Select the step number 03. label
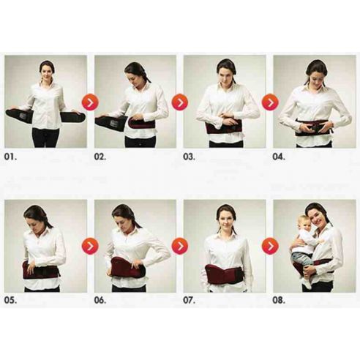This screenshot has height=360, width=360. pyautogui.click(x=192, y=157)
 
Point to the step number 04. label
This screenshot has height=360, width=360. pyautogui.click(x=281, y=157)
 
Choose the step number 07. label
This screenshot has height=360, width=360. pyautogui.click(x=192, y=300)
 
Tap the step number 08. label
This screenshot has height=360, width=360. pyautogui.click(x=281, y=300)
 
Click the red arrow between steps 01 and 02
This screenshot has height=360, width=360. pyautogui.click(x=90, y=102)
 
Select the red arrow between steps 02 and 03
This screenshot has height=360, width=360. pyautogui.click(x=179, y=102)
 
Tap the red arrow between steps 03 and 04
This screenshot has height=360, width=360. pyautogui.click(x=269, y=102)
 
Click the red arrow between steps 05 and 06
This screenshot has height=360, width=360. pyautogui.click(x=90, y=246)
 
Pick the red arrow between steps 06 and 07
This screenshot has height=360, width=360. pyautogui.click(x=179, y=246)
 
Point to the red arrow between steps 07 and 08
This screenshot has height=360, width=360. pyautogui.click(x=269, y=246)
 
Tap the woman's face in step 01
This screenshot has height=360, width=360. pyautogui.click(x=47, y=73)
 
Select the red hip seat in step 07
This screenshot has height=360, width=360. pyautogui.click(x=223, y=274)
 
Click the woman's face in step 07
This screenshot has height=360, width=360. pyautogui.click(x=226, y=218)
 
